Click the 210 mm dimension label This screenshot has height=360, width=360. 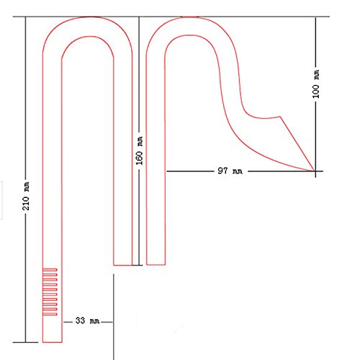point(26,196)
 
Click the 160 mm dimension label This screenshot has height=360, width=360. point(140,150)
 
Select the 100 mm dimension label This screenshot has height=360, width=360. point(316,84)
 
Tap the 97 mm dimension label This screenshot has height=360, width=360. point(230,171)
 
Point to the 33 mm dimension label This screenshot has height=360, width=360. point(87,320)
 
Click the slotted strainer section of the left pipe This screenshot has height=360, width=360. point(50,292)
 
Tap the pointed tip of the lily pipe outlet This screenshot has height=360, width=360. point(315,171)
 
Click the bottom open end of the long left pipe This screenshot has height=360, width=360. point(53,342)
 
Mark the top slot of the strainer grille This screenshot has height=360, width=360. point(50,270)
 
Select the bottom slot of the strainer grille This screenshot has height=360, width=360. point(50,314)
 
